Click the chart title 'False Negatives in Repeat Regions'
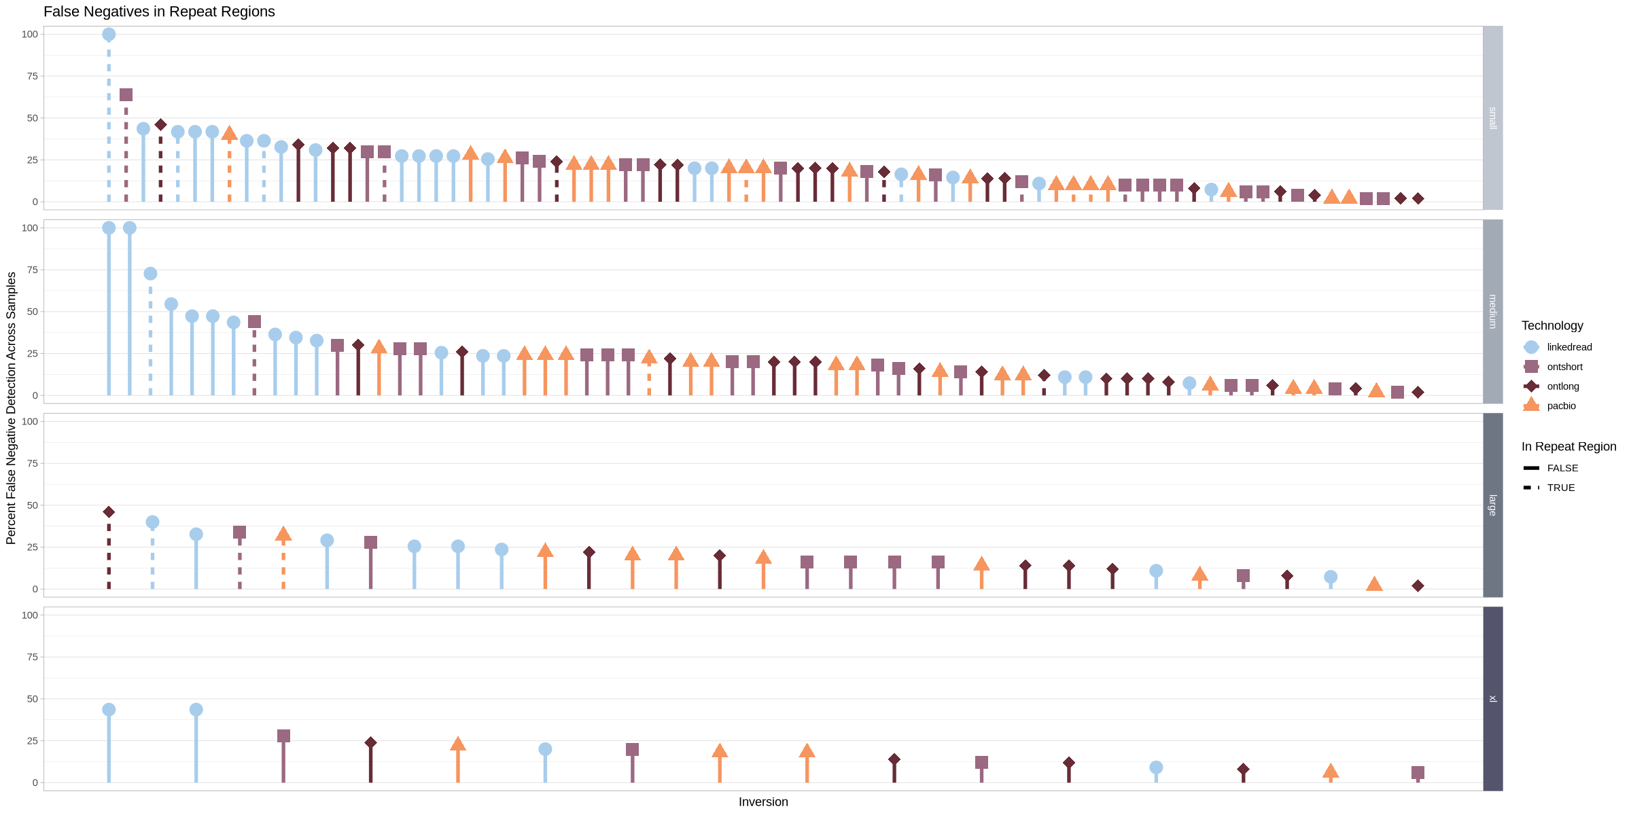tap(159, 12)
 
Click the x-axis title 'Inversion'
tap(763, 802)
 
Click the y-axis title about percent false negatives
tap(11, 407)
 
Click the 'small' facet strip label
tap(1492, 118)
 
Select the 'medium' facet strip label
tap(1492, 312)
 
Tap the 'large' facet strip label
tap(1492, 505)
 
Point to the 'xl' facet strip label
tap(1492, 699)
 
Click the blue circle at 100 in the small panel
tap(109, 35)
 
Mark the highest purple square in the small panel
tap(126, 95)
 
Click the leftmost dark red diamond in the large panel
tap(109, 512)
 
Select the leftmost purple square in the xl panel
tap(283, 736)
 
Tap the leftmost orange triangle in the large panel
tap(283, 535)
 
